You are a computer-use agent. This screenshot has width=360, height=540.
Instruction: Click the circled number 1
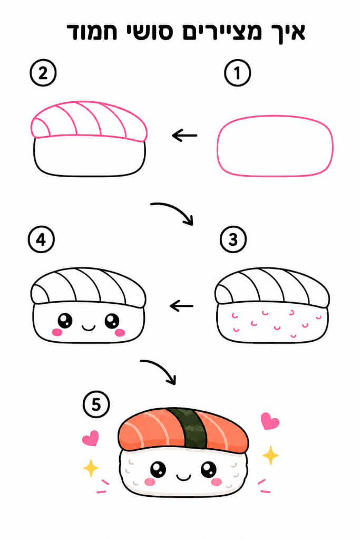pyautogui.click(x=237, y=73)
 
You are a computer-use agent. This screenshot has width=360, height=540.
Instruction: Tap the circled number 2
pyautogui.click(x=43, y=73)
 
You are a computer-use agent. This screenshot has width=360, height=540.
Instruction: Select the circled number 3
pyautogui.click(x=233, y=239)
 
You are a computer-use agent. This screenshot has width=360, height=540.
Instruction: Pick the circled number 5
pyautogui.click(x=96, y=404)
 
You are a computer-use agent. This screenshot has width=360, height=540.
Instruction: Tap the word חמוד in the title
pyautogui.click(x=92, y=32)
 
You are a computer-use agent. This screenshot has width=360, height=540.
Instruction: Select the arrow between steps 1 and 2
pyautogui.click(x=184, y=136)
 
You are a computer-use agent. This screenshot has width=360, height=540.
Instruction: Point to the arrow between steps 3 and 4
pyautogui.click(x=182, y=305)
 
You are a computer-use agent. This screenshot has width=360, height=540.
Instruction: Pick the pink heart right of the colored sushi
pyautogui.click(x=270, y=421)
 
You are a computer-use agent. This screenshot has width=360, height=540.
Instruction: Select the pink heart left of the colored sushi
pyautogui.click(x=91, y=438)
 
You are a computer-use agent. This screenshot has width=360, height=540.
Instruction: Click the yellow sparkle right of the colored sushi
pyautogui.click(x=270, y=455)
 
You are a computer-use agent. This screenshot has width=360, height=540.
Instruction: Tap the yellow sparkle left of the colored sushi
pyautogui.click(x=91, y=468)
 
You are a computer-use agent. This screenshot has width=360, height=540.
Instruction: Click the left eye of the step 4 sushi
pyautogui.click(x=65, y=321)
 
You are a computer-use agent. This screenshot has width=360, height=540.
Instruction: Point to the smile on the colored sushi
pyautogui.click(x=183, y=477)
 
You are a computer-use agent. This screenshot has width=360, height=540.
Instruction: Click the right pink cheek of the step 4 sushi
pyautogui.click(x=120, y=332)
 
